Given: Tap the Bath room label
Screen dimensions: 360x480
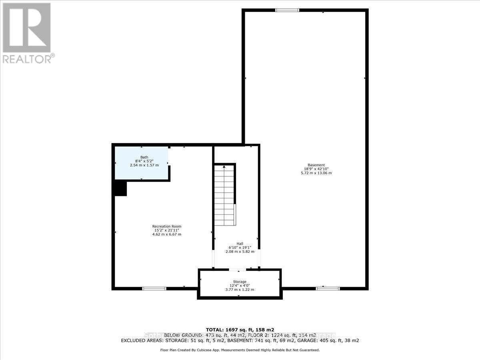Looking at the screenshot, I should click(x=144, y=157).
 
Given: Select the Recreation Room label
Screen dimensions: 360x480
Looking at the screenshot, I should click(x=166, y=226).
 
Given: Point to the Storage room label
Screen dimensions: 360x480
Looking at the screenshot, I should click(x=240, y=282).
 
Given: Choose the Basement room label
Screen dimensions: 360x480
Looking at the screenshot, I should click(x=316, y=165).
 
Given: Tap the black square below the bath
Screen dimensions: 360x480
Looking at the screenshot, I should click(x=120, y=188).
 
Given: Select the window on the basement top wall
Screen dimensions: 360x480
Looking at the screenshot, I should click(x=287, y=10).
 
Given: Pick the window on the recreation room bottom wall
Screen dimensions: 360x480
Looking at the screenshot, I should click(x=154, y=288).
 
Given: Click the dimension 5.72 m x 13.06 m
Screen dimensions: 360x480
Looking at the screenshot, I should click(x=316, y=173).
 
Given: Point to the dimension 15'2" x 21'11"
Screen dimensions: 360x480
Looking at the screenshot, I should click(x=166, y=230).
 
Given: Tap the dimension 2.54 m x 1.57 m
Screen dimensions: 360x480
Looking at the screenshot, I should click(x=144, y=165).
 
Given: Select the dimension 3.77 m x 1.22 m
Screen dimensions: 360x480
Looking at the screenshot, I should click(x=240, y=290).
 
